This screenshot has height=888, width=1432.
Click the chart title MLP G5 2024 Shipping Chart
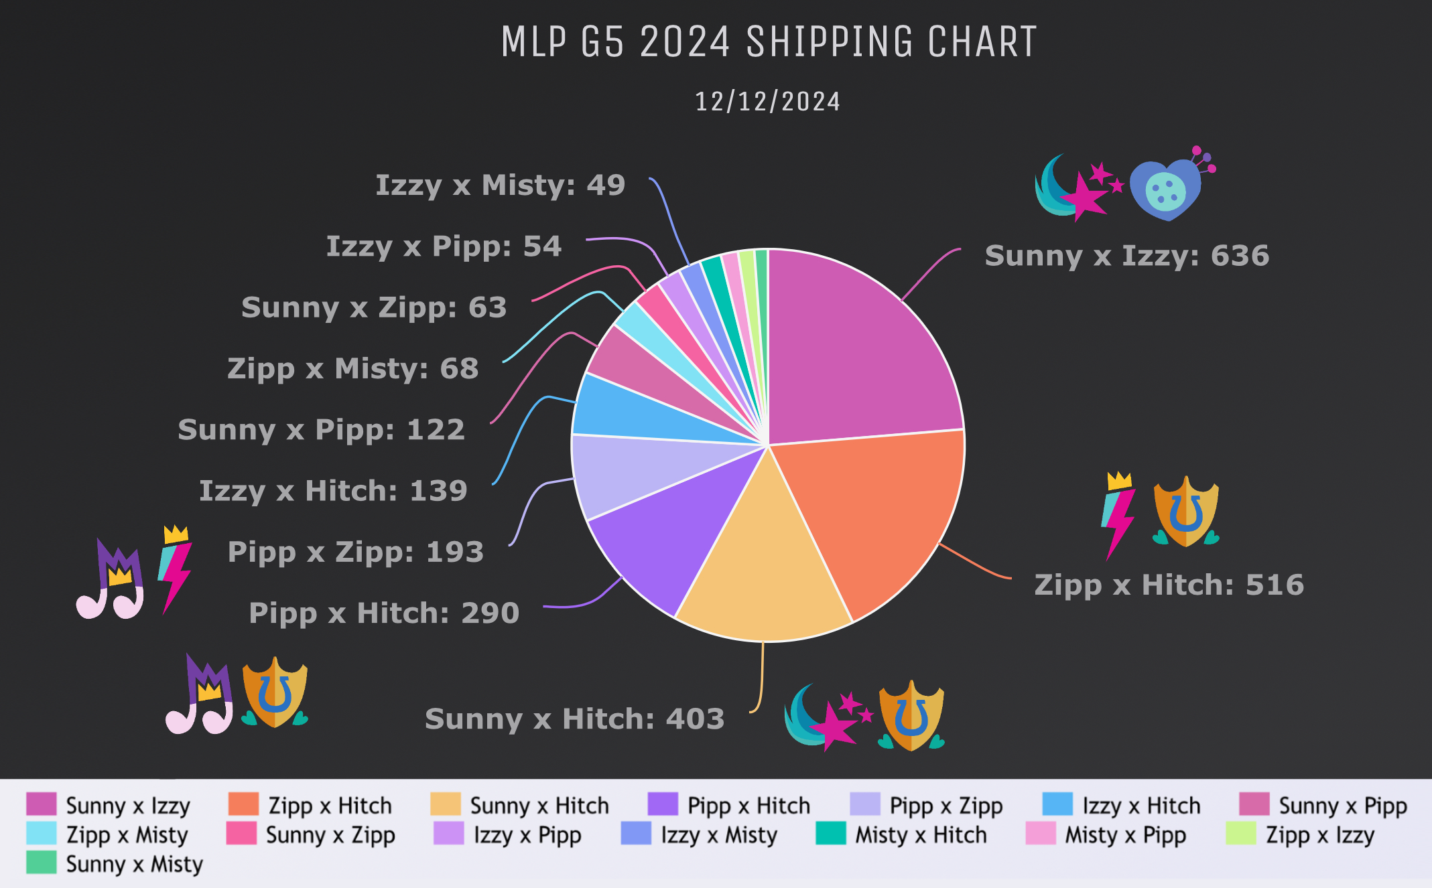coord(769,42)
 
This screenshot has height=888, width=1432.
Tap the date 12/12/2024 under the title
coord(768,102)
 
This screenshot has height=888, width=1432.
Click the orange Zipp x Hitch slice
coord(871,516)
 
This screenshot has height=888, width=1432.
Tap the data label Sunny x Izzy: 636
coord(1127,256)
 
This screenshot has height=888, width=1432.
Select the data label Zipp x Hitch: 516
coord(1169,585)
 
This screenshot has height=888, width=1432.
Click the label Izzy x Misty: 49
coord(500,185)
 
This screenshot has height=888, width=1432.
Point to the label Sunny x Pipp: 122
coord(321,430)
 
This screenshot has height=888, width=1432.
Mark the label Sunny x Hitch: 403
coord(574,719)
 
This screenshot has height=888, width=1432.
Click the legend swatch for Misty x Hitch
coord(830,834)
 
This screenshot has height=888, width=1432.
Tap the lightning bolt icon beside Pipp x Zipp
coord(175,569)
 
